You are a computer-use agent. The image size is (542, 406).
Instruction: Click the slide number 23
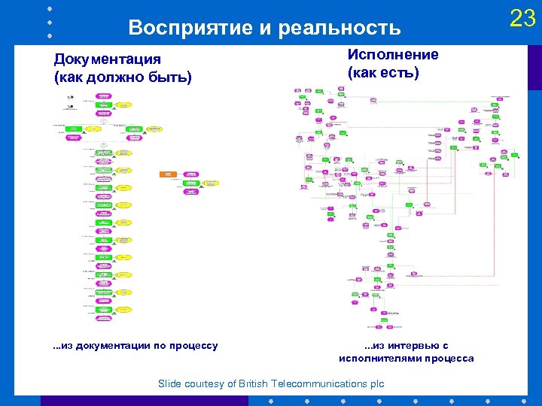tap(522, 17)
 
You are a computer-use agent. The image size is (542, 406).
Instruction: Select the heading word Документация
tap(107, 59)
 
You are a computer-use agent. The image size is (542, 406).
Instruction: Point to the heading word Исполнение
tap(392, 55)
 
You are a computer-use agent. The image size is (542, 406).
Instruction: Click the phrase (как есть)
tap(383, 73)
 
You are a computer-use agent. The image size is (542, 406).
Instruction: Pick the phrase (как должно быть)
tap(122, 77)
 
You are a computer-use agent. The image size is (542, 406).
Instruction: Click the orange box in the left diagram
tap(167, 174)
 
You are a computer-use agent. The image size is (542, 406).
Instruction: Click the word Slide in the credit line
tap(170, 384)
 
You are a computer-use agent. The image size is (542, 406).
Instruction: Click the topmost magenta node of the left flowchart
tap(104, 96)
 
